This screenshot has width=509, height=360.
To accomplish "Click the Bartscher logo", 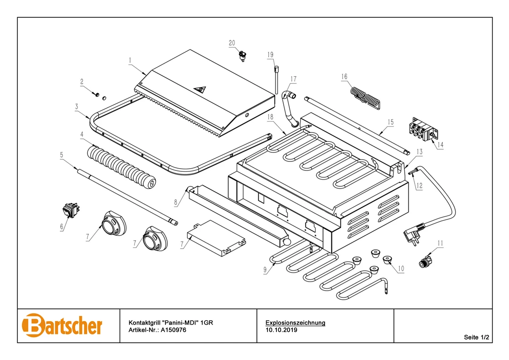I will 62,325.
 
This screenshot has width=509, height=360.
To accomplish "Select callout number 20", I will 232,43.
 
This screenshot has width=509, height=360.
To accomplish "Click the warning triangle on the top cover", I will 199,89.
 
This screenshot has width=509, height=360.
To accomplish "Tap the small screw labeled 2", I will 97,94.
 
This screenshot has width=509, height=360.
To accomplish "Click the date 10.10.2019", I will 281,330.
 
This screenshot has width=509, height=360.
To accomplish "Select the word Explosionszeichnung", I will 295,323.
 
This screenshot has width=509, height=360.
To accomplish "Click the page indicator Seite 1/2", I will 476,337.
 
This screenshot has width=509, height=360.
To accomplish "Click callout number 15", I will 391,122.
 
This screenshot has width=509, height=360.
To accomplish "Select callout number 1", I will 130,60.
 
